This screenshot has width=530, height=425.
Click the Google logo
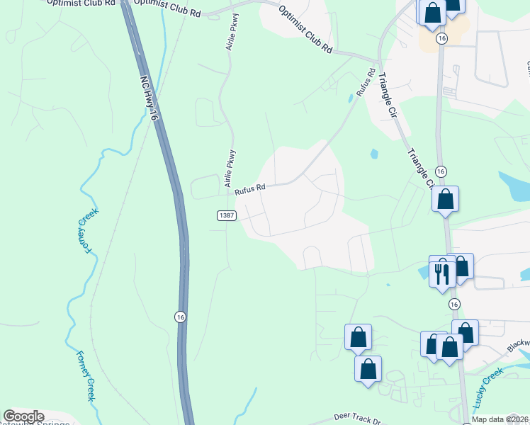pyautogui.click(x=23, y=416)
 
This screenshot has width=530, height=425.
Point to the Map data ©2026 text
pyautogui.click(x=500, y=419)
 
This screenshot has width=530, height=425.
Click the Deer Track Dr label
pyautogui.click(x=357, y=419)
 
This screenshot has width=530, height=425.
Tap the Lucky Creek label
pyautogui.click(x=487, y=390)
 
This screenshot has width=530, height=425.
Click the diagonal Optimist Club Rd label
pyautogui.click(x=305, y=30)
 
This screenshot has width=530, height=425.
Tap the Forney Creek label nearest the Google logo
pyautogui.click(x=85, y=375)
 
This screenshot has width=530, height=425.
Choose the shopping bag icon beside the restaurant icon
pyautogui.click(x=461, y=266)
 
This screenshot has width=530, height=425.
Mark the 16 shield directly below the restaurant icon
pyautogui.click(x=453, y=303)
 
